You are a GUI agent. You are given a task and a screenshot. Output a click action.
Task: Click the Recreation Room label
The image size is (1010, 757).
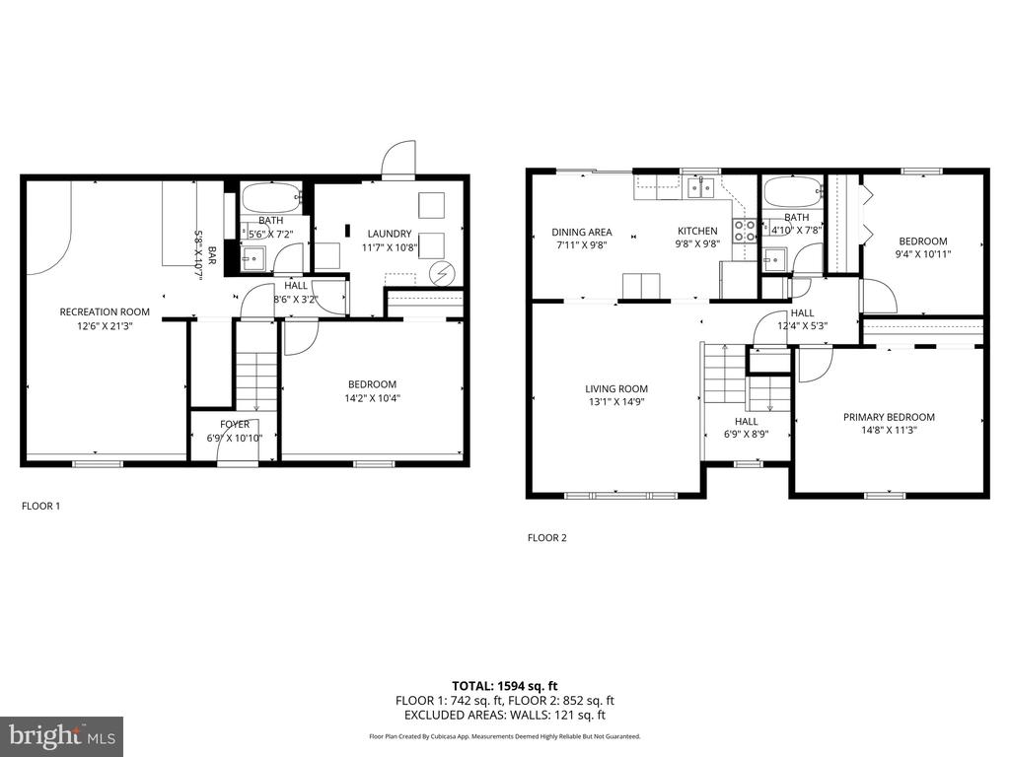click(105, 311)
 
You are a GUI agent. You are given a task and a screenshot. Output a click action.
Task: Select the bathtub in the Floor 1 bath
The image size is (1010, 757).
click(271, 196)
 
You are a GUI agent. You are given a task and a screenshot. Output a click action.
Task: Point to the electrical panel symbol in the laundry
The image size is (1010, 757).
click(441, 274)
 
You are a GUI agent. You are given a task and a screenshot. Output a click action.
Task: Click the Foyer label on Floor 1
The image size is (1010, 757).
click(235, 424)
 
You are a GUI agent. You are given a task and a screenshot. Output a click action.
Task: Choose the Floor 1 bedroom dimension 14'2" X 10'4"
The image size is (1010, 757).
click(372, 398)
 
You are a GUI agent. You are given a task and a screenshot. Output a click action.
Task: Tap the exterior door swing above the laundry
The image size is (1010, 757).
click(398, 159)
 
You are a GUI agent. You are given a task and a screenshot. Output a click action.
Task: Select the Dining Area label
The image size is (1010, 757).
click(582, 232)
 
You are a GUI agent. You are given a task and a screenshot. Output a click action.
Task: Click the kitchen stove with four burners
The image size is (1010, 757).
click(746, 231)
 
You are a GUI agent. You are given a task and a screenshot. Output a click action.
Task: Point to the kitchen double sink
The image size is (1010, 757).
click(700, 187)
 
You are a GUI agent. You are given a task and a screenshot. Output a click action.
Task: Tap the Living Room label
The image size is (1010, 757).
click(616, 388)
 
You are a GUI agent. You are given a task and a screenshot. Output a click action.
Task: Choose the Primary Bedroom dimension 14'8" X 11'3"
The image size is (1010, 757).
click(889, 430)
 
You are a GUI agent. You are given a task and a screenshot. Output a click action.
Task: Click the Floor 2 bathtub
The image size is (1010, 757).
click(792, 192)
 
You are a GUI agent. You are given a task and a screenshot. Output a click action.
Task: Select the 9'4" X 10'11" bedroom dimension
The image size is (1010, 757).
click(923, 253)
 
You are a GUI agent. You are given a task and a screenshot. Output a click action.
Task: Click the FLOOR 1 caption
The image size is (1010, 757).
click(40, 506)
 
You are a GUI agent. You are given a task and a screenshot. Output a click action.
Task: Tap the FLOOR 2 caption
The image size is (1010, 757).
click(546, 538)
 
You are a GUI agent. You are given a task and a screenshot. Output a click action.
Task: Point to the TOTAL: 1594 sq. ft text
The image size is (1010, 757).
click(504, 686)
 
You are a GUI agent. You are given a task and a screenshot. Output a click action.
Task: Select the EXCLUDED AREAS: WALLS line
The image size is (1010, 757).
click(504, 715)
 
